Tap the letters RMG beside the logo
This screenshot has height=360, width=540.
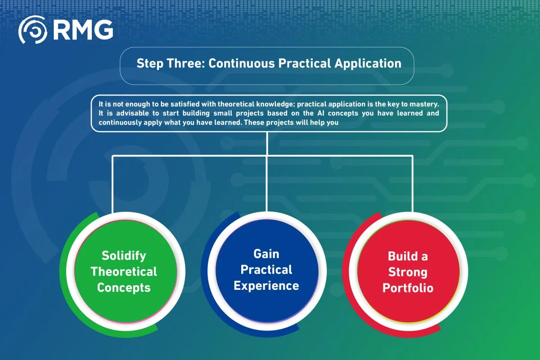83,30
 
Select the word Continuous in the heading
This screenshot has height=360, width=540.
242,63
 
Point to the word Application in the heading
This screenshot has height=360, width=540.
368,63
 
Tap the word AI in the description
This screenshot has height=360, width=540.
320,113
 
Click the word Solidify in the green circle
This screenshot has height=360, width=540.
124,256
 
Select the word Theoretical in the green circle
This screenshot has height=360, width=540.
124,272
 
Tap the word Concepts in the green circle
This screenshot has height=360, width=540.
124,288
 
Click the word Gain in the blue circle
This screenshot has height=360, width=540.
266,254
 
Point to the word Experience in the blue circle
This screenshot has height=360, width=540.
266,286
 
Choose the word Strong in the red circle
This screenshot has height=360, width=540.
408,272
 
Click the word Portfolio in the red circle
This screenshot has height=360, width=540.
408,288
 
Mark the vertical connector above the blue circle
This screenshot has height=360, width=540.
267,172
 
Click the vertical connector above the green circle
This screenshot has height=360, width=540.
112,184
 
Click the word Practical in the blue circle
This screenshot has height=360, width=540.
266,270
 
